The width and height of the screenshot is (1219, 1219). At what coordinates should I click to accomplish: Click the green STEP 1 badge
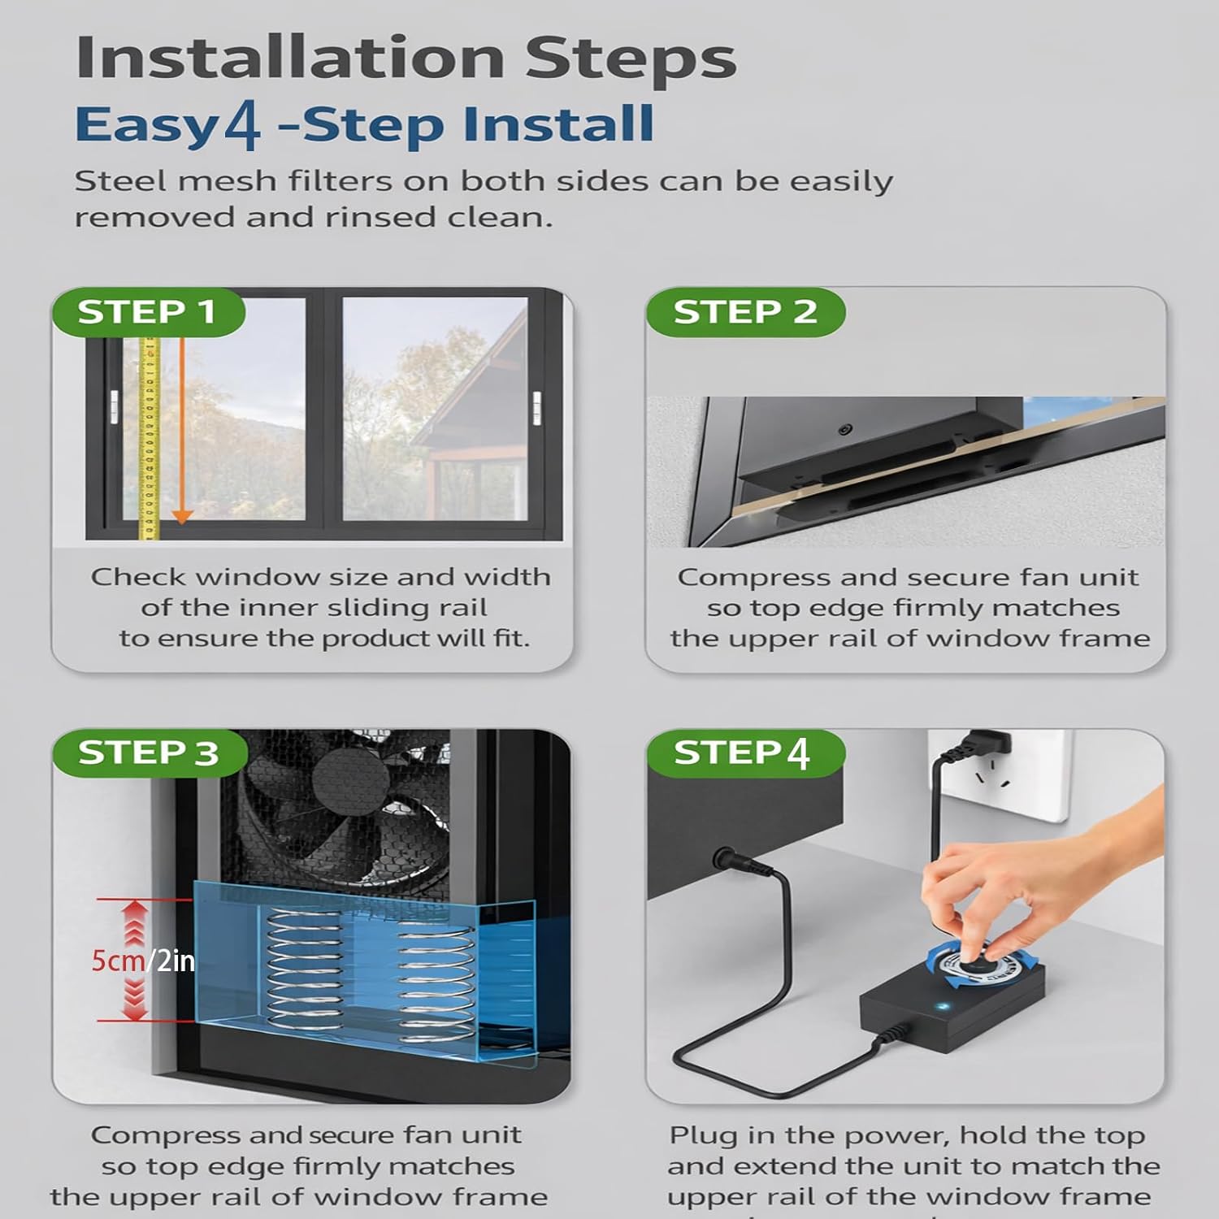point(148,312)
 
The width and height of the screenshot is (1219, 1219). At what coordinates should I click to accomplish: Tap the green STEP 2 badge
point(745,312)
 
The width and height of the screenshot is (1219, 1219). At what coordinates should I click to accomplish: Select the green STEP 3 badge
point(150,753)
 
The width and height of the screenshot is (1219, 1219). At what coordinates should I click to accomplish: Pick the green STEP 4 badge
point(745,753)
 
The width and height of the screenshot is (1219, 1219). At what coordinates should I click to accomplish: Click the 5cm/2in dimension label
point(143,961)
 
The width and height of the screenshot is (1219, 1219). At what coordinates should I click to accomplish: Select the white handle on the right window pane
point(536,407)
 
